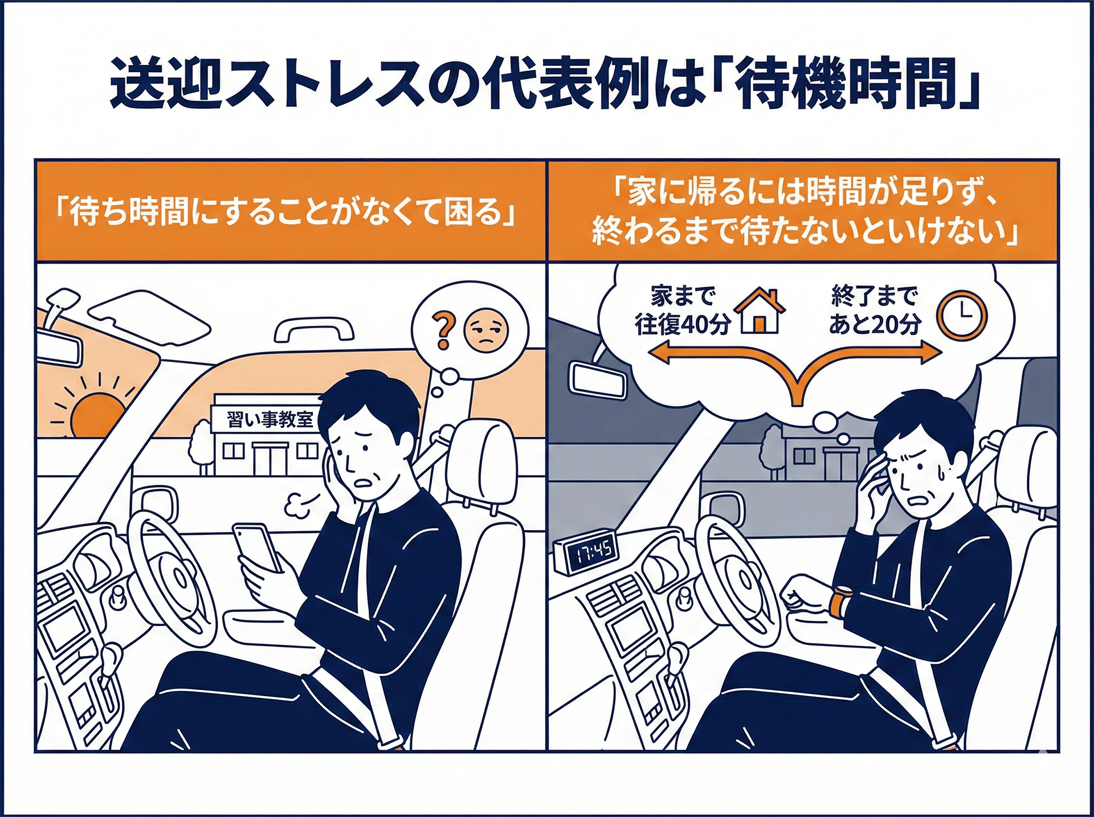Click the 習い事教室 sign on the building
(270, 420)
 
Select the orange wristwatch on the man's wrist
(838, 602)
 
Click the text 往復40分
(682, 325)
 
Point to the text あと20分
(874, 325)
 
